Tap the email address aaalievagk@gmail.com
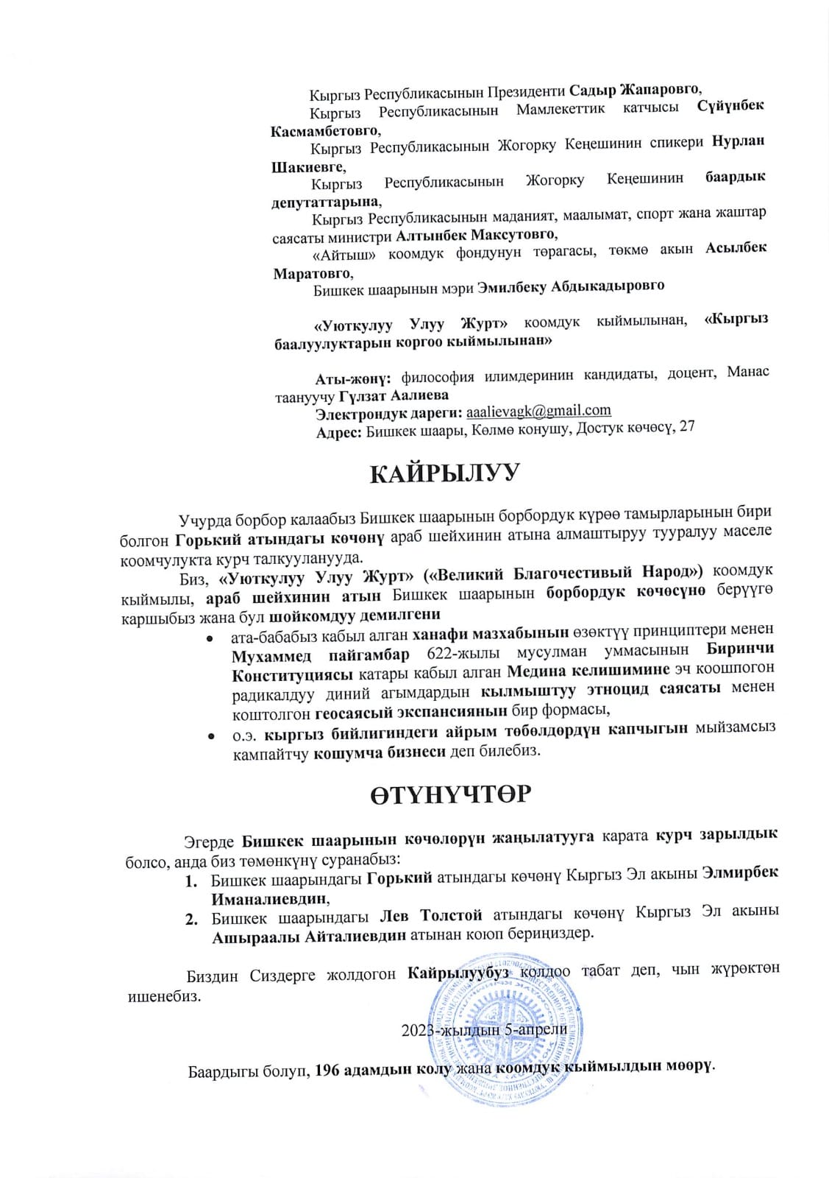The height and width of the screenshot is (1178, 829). (x=538, y=411)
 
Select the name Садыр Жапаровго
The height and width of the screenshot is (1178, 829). (x=635, y=90)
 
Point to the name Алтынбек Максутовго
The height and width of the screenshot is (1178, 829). (x=476, y=235)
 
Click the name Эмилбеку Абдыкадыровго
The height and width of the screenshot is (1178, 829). (x=571, y=286)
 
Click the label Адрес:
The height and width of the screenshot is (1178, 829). (x=338, y=432)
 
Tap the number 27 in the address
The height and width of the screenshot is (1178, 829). (x=686, y=426)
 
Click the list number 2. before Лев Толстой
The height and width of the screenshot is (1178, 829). (x=191, y=919)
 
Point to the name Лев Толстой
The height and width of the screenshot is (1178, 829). (x=430, y=915)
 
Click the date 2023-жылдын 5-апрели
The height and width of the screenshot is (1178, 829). (x=484, y=1030)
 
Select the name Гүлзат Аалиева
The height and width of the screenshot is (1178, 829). (x=394, y=395)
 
